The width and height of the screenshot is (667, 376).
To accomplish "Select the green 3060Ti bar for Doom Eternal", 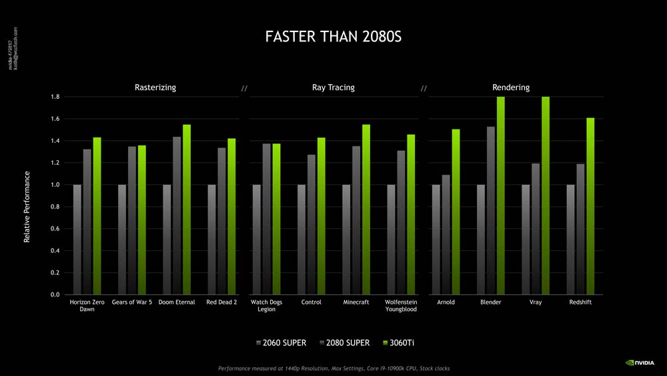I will [187, 210].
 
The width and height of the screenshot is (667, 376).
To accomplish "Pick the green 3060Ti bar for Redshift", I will [590, 206].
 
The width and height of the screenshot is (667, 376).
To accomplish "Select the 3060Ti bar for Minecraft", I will [366, 210].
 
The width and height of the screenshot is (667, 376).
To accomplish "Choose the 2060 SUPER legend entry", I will [281, 343].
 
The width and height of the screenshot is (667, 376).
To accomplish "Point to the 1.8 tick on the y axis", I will [55, 97].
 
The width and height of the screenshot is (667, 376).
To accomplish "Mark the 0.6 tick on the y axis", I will [55, 229].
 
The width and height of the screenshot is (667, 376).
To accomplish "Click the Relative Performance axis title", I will [27, 207].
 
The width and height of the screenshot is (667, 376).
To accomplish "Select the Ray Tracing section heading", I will [333, 87].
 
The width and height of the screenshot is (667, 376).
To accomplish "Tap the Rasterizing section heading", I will [155, 87].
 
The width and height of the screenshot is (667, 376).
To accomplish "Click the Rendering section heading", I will [511, 87].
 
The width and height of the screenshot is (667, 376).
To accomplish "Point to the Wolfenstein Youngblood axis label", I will [401, 306].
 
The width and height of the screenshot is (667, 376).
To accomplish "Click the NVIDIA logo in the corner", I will [640, 363].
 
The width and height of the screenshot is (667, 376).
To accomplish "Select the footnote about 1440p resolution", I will [333, 369].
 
